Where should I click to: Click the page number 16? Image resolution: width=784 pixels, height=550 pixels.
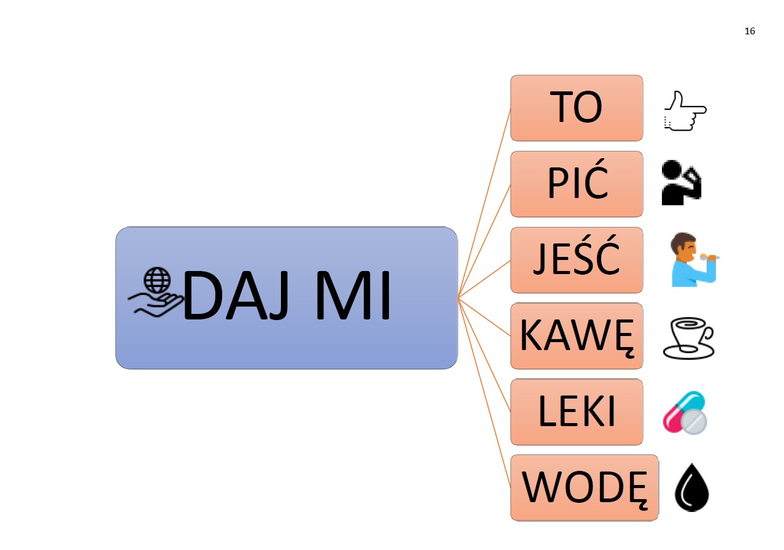pyautogui.click(x=750, y=31)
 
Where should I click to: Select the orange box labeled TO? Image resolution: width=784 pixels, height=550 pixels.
pyautogui.click(x=576, y=108)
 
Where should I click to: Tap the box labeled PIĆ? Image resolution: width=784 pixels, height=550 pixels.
pyautogui.click(x=576, y=184)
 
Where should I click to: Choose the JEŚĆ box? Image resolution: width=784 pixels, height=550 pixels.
pyautogui.click(x=576, y=260)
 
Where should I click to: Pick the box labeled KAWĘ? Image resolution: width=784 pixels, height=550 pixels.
pyautogui.click(x=576, y=336)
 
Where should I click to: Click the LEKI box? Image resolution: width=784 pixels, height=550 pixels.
pyautogui.click(x=576, y=412)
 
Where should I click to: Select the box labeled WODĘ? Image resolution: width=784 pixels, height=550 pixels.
pyautogui.click(x=584, y=487)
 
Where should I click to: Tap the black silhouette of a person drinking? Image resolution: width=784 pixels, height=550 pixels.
pyautogui.click(x=681, y=183)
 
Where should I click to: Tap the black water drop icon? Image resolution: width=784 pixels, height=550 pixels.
pyautogui.click(x=691, y=489)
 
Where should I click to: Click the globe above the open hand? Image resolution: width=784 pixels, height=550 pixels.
pyautogui.click(x=157, y=281)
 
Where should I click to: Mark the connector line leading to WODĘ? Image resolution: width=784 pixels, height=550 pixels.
pyautogui.click(x=485, y=393)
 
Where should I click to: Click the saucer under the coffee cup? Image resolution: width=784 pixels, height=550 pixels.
pyautogui.click(x=688, y=351)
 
